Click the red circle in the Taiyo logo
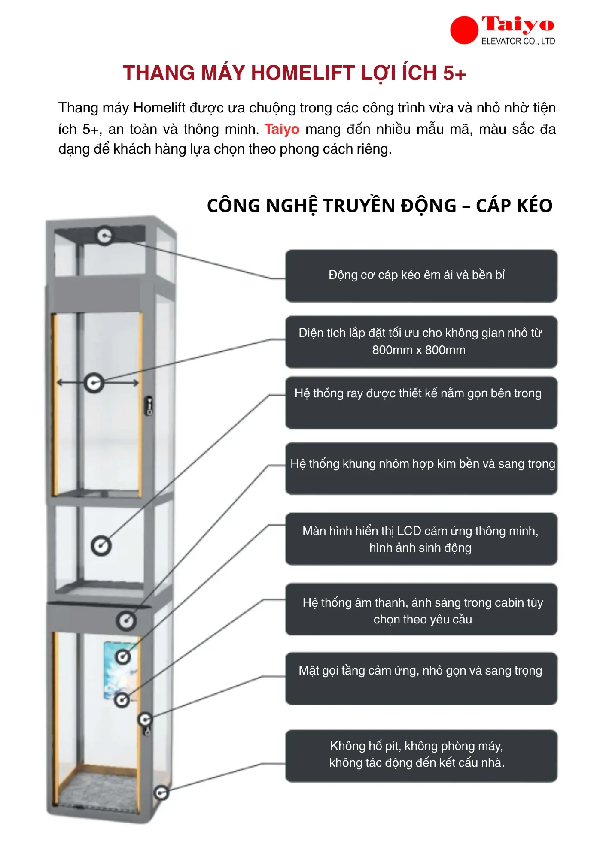point(464,30)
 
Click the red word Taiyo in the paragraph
point(282,129)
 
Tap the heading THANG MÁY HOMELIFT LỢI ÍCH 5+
point(294,73)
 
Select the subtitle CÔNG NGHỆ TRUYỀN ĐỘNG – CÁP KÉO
point(380,206)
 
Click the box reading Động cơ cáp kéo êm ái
point(421,276)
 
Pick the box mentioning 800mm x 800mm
point(421,342)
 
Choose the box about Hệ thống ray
point(421,402)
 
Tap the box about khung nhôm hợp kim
point(421,469)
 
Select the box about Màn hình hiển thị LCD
point(421,539)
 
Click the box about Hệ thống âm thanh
point(421,609)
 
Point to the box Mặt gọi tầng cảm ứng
point(421,678)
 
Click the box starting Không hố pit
point(421,756)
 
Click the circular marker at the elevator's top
point(104,236)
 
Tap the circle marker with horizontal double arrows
point(94,383)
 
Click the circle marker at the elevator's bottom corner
point(161,793)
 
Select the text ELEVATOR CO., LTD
point(518,41)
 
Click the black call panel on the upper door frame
point(149,405)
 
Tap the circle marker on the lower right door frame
point(145,720)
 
